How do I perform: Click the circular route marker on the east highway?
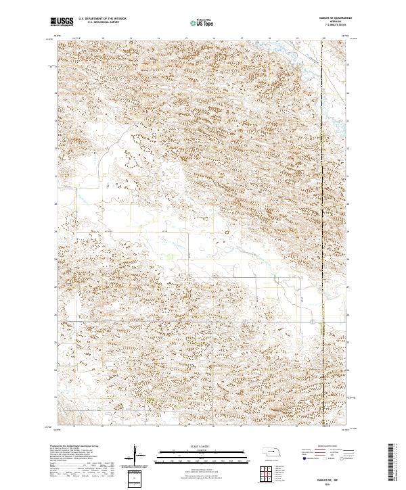point(311,320)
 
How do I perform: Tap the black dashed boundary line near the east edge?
point(323,203)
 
